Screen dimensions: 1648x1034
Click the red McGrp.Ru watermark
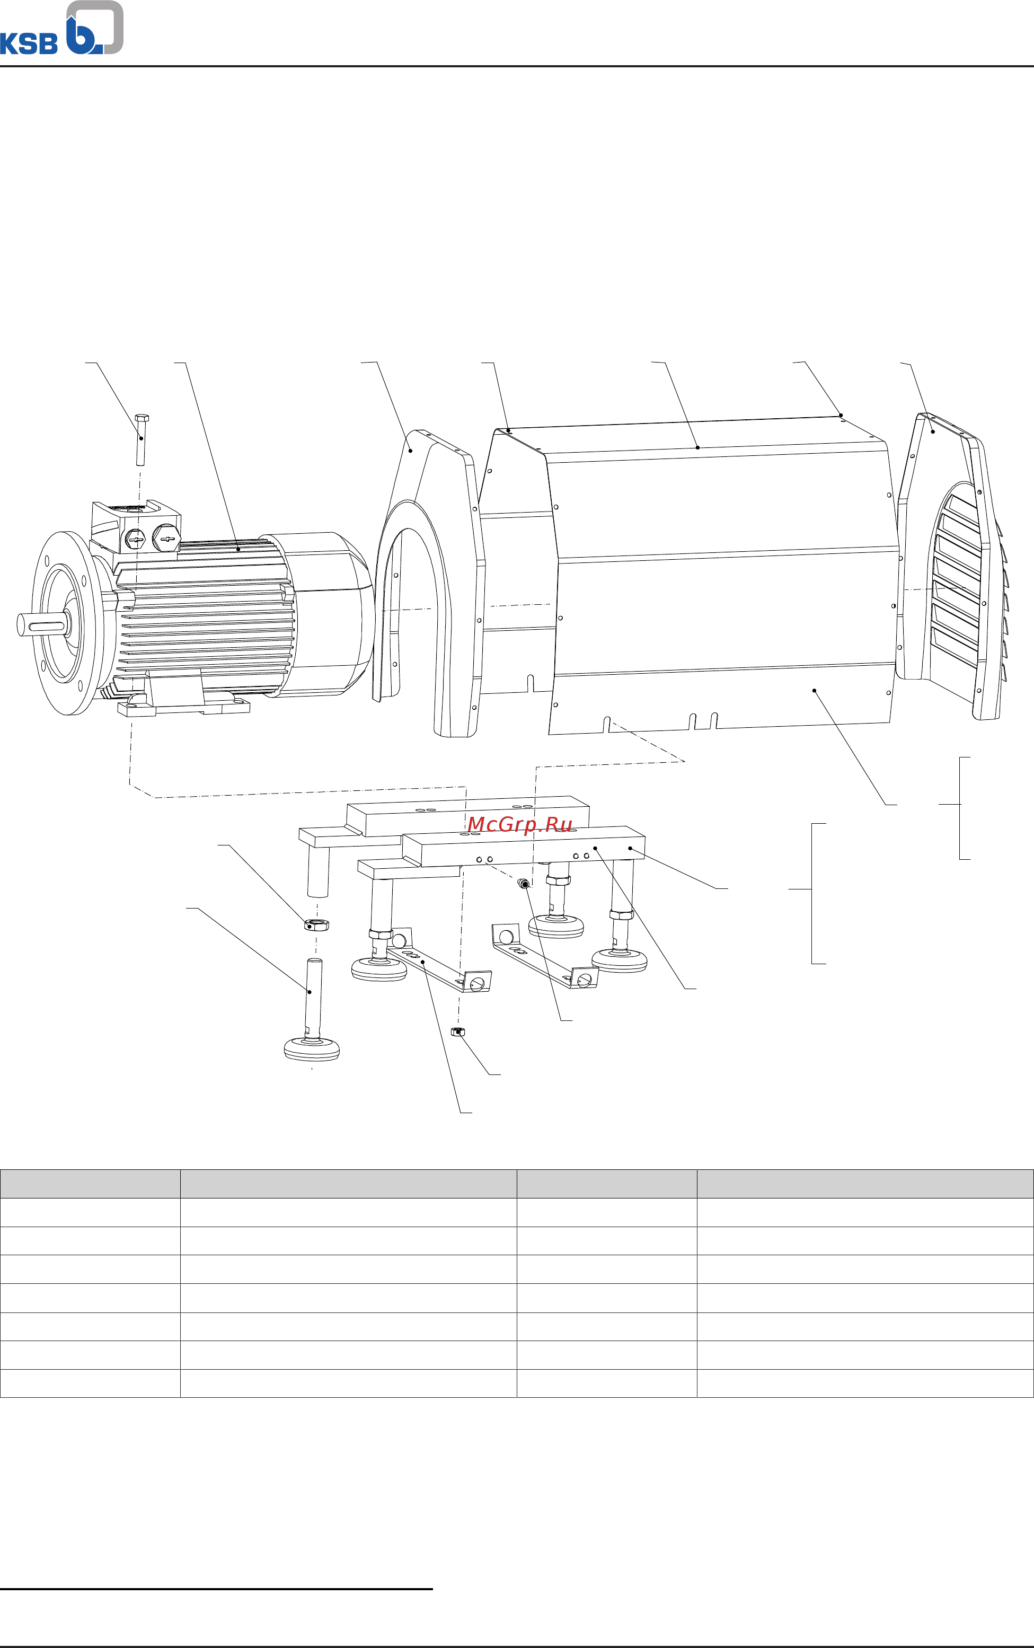520,825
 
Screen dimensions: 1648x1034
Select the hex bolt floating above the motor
142,439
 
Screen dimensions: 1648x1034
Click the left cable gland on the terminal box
136,540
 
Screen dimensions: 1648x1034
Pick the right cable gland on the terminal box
166,537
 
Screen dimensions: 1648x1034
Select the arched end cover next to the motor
438,581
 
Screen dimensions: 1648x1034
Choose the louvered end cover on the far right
957,568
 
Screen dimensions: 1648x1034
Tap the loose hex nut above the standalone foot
316,924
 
